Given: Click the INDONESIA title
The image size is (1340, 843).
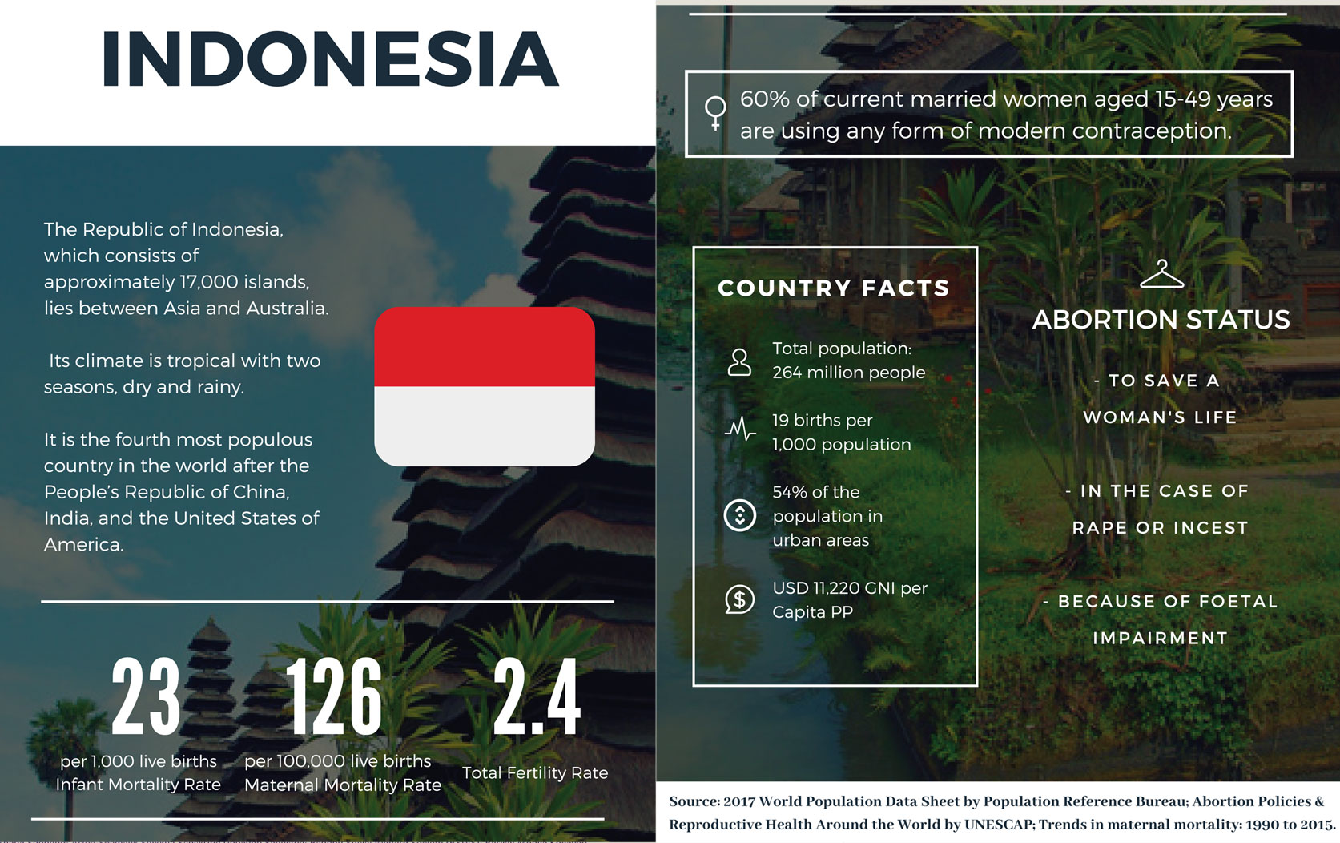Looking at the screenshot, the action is tap(331, 58).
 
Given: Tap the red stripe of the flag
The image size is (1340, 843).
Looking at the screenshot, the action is tap(485, 346).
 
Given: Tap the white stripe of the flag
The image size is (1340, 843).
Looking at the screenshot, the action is tap(485, 426).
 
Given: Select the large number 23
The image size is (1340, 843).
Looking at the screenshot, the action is tap(146, 696).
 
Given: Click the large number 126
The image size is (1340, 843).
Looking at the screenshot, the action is tap(335, 696).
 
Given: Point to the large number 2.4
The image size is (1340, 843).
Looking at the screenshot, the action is tap(537, 696).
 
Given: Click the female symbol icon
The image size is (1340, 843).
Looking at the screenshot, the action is tap(715, 113).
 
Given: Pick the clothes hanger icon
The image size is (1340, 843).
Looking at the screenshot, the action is tap(1161, 274).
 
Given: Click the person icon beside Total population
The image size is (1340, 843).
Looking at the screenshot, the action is tap(739, 362).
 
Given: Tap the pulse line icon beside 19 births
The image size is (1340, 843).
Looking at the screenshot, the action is tap(740, 429).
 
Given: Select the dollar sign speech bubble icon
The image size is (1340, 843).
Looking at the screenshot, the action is tap(740, 599).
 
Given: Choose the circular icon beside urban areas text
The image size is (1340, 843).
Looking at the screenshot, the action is tap(740, 515).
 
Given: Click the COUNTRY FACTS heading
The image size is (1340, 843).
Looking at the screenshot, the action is tap(834, 288).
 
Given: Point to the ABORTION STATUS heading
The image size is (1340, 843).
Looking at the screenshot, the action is tap(1161, 320).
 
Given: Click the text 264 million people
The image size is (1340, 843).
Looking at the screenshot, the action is tap(849, 373).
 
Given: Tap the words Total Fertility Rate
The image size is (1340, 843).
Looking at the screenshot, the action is tap(535, 772).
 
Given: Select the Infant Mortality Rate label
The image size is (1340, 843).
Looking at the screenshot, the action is tap(139, 785).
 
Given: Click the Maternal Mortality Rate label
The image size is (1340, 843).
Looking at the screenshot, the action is tap(343, 785).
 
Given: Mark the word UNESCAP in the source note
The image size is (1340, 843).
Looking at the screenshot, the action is tap(999, 825).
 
